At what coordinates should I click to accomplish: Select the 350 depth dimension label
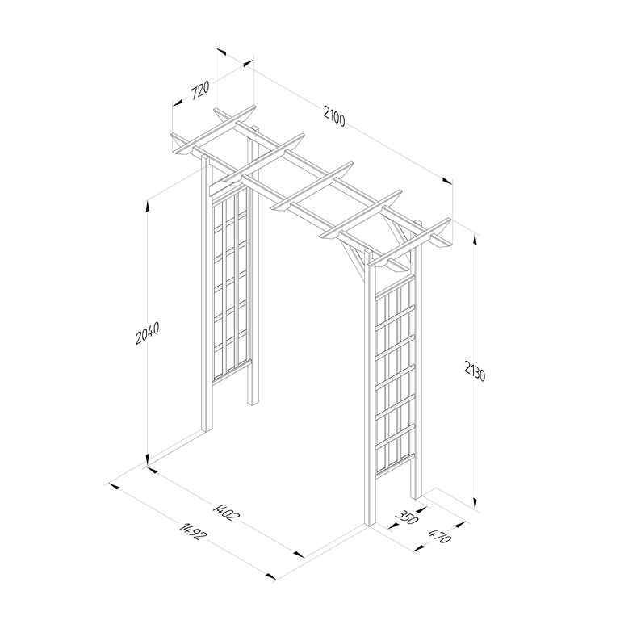[407, 516]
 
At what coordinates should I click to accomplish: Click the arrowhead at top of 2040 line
[147, 203]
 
